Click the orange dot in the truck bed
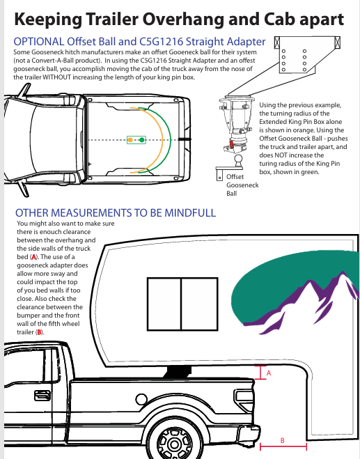(130, 140)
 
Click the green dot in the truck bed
(142, 140)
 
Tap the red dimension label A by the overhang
(269, 373)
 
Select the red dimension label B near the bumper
(283, 440)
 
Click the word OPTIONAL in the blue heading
(39, 42)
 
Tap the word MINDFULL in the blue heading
(190, 213)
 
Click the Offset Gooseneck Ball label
(242, 185)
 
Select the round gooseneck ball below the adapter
(239, 160)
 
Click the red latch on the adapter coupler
(231, 145)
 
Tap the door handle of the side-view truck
(42, 396)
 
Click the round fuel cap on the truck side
(141, 398)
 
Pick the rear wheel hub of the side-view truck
(175, 444)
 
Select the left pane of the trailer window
(164, 304)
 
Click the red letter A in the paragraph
(34, 257)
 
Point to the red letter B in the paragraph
(39, 332)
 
